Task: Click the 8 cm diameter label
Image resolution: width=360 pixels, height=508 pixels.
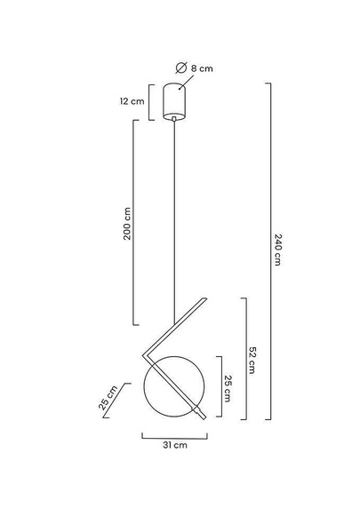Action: [202, 68]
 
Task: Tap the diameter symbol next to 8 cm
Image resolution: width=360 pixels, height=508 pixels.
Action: [181, 67]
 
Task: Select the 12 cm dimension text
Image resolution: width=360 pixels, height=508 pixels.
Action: [132, 101]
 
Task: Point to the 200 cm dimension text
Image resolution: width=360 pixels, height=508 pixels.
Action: [127, 224]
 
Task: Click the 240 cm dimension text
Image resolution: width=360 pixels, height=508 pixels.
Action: [277, 250]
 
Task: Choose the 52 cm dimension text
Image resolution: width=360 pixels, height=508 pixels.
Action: [252, 361]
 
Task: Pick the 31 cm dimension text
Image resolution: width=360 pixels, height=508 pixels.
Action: [175, 445]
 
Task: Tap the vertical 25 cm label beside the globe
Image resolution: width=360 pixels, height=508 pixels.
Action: [228, 389]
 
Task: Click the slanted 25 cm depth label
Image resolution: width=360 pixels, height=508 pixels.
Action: [108, 398]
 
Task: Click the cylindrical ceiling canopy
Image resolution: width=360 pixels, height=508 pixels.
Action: [174, 102]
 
